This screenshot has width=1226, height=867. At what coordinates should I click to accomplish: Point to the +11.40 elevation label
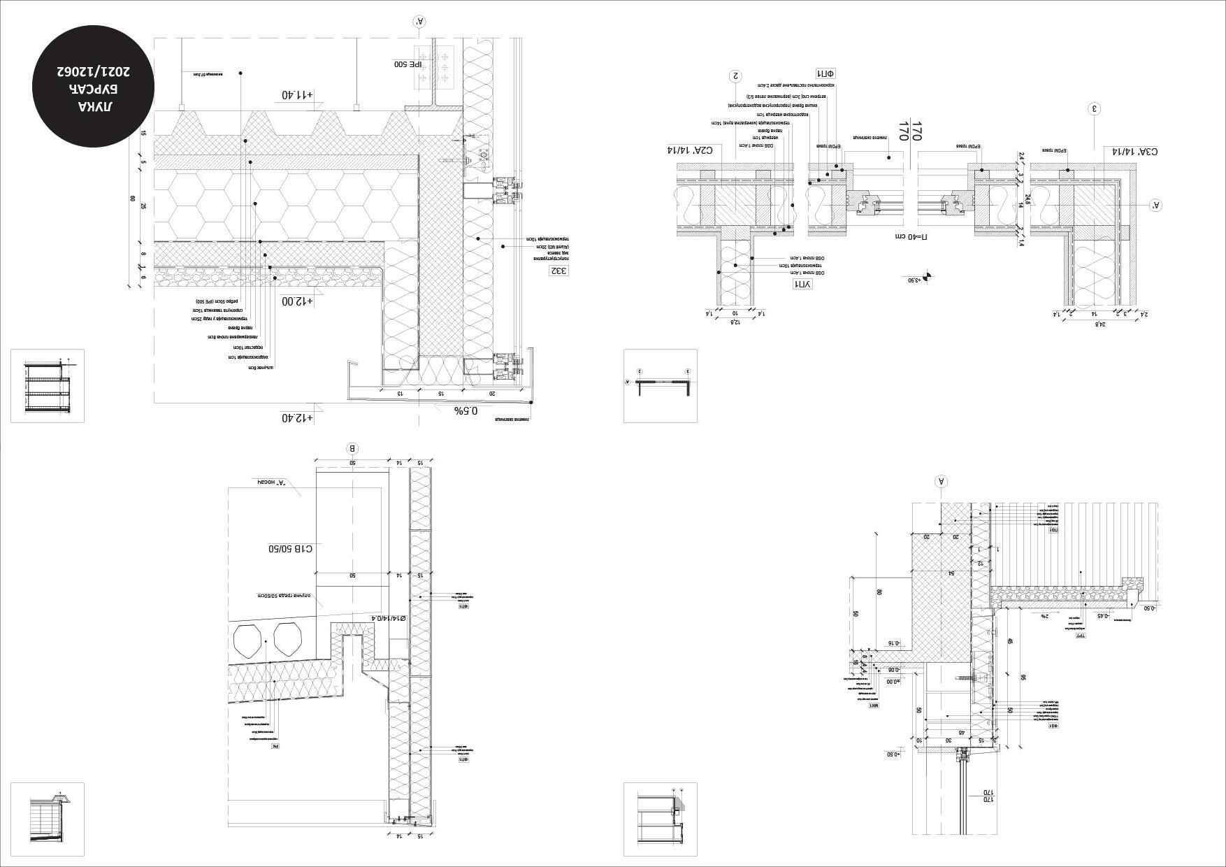tap(298, 94)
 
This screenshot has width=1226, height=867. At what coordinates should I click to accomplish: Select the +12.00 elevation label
tap(298, 301)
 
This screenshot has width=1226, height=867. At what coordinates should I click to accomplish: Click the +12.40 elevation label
tap(298, 417)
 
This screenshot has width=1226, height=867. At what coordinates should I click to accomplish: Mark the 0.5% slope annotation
tap(467, 410)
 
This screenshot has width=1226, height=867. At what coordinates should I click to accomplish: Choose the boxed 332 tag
tap(559, 271)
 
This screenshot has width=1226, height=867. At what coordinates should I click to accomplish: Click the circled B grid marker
tap(353, 448)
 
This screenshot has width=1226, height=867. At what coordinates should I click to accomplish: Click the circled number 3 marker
tap(1095, 108)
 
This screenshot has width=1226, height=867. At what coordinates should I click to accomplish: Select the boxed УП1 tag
tap(802, 284)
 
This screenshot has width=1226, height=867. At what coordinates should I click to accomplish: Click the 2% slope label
tap(1044, 616)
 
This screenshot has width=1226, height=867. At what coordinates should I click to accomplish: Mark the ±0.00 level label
tap(893, 681)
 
